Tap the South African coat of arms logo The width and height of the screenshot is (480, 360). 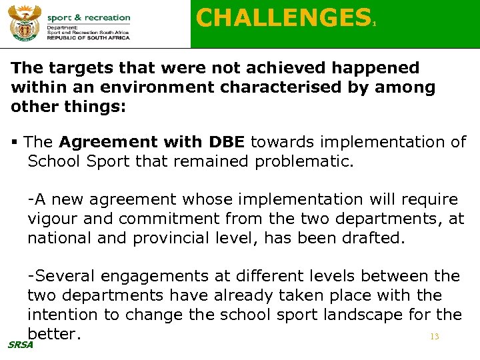[23, 25]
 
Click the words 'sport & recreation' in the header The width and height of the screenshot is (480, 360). [89, 17]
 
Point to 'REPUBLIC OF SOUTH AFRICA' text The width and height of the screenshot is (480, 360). [89, 38]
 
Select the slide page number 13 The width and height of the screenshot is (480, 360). [435, 337]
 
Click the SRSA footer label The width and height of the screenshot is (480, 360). [19, 345]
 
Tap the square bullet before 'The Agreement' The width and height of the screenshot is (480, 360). [15, 142]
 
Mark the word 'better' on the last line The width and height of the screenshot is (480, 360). [53, 333]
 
